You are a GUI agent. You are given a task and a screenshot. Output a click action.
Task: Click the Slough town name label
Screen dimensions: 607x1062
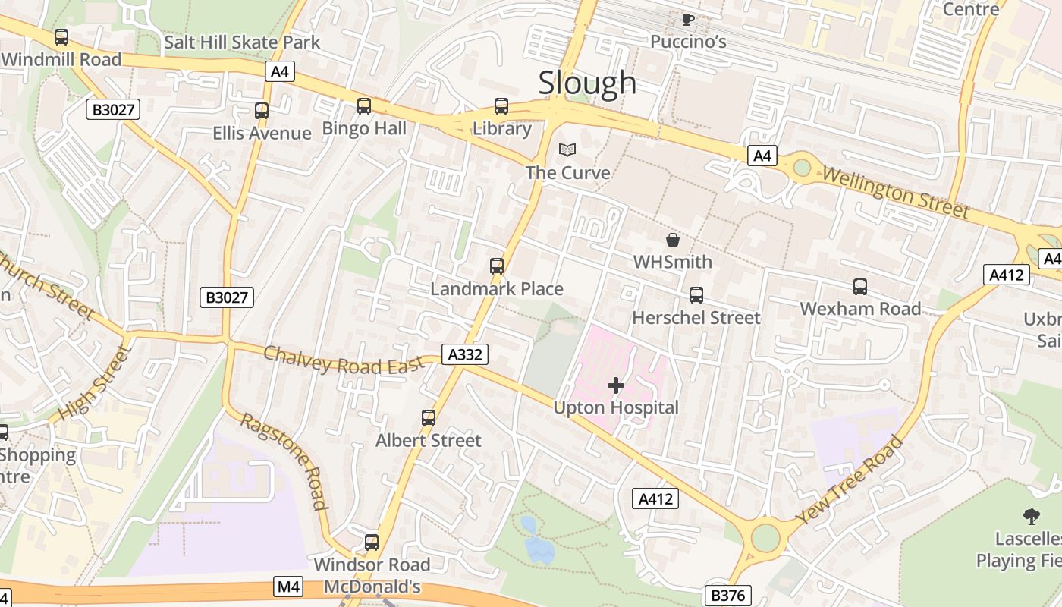587,83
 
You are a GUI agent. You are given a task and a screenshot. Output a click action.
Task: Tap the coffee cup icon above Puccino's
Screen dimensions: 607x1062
687,19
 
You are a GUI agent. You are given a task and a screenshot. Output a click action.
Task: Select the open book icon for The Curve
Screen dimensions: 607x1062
567,150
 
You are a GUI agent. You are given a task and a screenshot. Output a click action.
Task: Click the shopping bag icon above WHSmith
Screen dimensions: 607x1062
672,241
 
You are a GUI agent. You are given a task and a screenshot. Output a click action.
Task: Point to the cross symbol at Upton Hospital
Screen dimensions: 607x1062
616,385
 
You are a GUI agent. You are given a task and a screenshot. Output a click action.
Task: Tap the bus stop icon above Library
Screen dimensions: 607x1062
501,106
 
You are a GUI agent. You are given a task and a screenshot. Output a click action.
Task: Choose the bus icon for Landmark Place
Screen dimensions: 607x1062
497,266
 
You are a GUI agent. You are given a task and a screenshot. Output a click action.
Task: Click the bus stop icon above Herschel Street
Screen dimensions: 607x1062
696,295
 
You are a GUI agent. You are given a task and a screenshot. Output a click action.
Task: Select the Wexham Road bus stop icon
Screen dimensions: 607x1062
860,287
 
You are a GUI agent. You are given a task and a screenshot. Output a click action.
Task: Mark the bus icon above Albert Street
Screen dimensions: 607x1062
429,418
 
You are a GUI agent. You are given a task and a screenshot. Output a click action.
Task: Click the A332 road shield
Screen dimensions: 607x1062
465,354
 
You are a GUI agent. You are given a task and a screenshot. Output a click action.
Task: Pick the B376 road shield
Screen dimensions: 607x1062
727,596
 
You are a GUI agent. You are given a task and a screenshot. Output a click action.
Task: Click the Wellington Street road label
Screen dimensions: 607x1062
895,192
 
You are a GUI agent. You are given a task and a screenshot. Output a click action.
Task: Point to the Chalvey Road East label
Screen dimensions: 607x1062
344,360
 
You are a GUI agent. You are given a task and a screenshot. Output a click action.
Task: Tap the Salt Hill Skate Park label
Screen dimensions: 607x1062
242,42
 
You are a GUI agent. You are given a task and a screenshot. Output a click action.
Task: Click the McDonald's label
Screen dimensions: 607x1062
372,587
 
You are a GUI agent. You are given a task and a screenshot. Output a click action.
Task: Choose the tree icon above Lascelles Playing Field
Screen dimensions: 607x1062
1031,517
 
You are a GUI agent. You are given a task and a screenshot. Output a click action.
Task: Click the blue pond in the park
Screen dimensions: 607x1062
538,543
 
